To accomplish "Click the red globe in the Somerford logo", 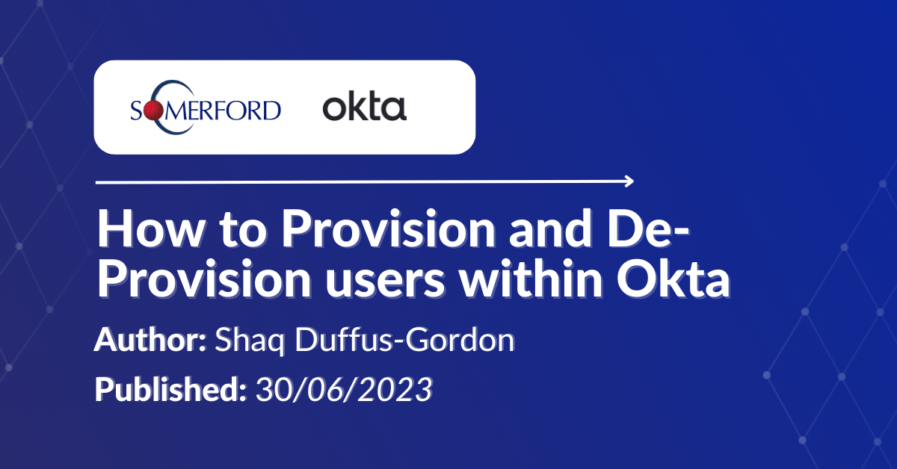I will coord(153,111).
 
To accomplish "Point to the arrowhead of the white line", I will coord(629,181).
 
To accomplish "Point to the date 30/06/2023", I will coord(343,389).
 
